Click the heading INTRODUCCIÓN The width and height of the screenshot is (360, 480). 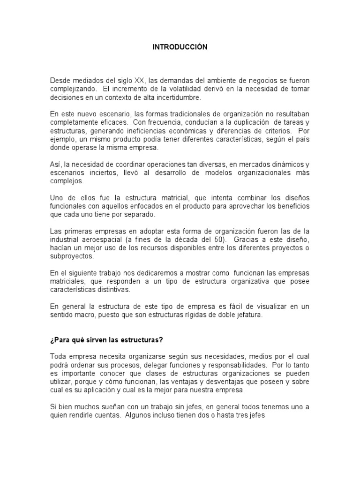(180, 47)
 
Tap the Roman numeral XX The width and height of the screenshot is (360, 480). (142, 81)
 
